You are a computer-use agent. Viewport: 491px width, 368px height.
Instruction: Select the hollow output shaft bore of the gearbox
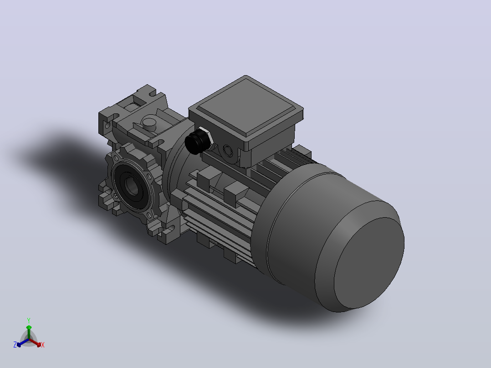coord(132,185)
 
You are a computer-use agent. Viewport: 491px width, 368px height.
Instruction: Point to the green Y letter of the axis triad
coord(29,320)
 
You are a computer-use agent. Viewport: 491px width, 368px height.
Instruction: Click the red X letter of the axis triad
coord(43,345)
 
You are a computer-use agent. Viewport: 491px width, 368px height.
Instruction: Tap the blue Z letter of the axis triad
coord(15,345)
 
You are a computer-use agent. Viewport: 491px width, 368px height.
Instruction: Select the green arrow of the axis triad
coord(29,332)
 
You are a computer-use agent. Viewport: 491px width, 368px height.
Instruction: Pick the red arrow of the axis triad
coord(35,342)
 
